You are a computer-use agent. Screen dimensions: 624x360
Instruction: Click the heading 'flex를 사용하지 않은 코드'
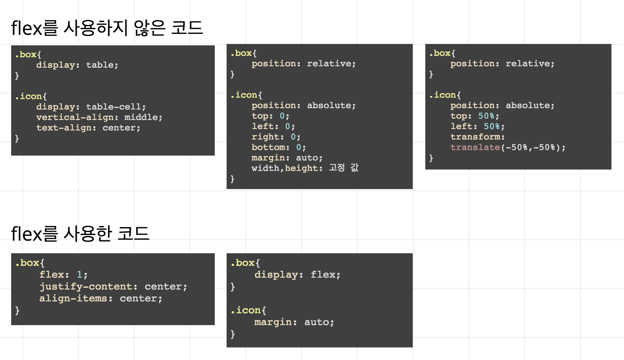(107, 28)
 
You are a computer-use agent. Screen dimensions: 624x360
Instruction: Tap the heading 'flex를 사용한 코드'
(80, 234)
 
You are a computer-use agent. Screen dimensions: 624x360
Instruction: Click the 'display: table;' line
(77, 65)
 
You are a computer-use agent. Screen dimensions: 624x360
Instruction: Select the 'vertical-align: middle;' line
(99, 117)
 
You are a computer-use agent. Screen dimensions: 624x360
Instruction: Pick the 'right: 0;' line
(276, 137)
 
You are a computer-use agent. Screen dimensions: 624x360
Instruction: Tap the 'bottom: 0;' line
(279, 147)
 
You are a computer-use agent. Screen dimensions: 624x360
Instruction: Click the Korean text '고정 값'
(344, 168)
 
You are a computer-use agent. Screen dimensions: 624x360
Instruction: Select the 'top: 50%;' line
(474, 116)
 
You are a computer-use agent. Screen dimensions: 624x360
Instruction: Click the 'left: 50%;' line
(477, 126)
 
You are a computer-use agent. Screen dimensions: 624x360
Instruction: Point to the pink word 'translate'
(475, 147)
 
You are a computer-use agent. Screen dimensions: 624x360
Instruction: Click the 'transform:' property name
(477, 137)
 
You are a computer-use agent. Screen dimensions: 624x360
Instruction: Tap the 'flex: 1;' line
(63, 275)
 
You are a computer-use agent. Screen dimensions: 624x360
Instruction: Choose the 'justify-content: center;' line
(113, 286)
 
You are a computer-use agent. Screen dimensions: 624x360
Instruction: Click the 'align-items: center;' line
(100, 298)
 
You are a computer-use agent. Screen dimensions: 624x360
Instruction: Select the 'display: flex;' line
(297, 275)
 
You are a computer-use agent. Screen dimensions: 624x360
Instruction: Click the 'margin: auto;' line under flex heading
(294, 322)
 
